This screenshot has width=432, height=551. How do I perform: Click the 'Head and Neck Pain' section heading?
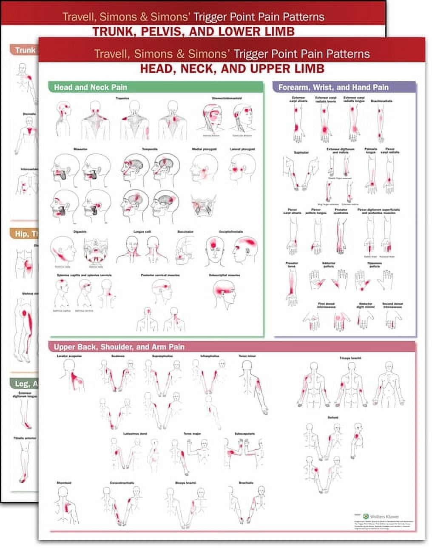90,87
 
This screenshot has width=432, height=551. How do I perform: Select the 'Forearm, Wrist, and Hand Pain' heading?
333,87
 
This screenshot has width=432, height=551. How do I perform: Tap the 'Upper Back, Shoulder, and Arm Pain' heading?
119,347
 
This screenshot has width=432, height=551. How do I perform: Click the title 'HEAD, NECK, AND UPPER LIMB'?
232,68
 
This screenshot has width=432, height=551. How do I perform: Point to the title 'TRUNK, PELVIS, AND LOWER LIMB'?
193,31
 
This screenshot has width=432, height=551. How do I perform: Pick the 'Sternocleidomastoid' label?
227,98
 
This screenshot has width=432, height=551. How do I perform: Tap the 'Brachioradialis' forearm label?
381,101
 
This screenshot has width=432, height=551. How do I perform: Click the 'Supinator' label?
301,152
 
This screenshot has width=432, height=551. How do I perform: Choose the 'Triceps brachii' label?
350,358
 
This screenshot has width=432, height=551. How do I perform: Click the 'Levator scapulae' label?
69,356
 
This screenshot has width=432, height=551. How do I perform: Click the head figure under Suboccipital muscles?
224,294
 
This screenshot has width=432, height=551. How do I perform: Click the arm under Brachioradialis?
381,123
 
